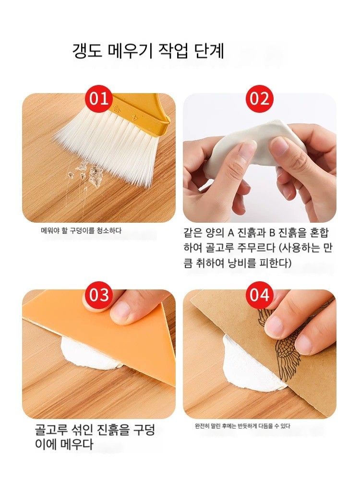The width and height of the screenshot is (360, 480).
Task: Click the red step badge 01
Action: pyautogui.click(x=99, y=99)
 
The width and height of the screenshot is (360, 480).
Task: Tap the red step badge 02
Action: pyautogui.click(x=260, y=99)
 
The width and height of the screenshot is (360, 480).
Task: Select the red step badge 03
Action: pyautogui.click(x=99, y=295)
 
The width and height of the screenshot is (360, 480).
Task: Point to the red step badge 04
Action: pyautogui.click(x=260, y=295)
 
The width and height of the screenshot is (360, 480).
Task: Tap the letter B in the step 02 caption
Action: pyautogui.click(x=272, y=233)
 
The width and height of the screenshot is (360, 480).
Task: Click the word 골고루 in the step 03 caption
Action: pyautogui.click(x=51, y=430)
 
